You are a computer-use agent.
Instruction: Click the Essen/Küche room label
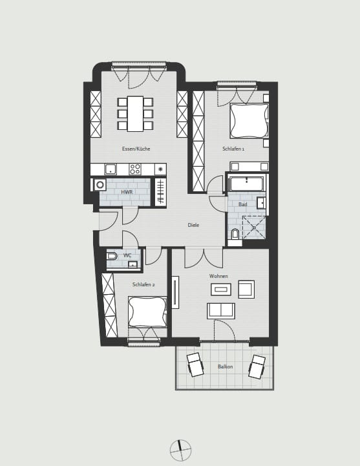click(136, 149)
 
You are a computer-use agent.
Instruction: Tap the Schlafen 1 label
click(233, 149)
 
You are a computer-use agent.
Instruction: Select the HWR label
click(127, 192)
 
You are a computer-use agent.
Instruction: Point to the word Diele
click(193, 225)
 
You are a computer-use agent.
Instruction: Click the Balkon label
click(225, 366)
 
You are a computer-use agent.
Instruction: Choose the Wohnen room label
click(218, 276)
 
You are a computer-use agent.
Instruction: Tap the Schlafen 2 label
click(143, 284)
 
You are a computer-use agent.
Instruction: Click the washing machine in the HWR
click(100, 185)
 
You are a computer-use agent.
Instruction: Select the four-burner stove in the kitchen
click(135, 169)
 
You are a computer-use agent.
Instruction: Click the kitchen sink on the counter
click(111, 169)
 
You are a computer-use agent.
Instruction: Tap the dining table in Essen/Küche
click(135, 114)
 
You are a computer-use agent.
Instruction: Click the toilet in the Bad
click(235, 233)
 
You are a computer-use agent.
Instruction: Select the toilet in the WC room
click(112, 256)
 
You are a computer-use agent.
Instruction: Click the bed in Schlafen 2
click(148, 312)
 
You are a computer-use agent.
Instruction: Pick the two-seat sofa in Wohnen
click(221, 311)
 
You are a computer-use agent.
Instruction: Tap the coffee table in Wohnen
click(221, 290)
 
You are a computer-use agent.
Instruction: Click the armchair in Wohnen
click(246, 289)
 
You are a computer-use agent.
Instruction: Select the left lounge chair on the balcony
click(195, 365)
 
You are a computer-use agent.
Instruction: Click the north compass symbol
click(180, 450)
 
